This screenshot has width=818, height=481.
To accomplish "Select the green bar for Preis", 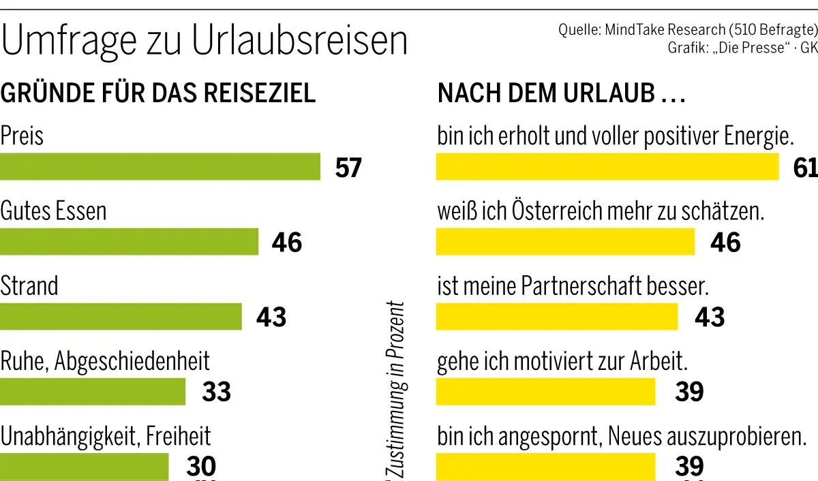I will [x=160, y=167].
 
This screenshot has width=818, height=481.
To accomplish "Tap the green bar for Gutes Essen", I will [x=129, y=242].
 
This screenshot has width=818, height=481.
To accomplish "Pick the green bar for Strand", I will [x=121, y=317].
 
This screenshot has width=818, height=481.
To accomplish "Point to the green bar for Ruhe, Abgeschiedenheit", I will [x=93, y=392].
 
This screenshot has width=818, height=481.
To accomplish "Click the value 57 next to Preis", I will [x=348, y=168].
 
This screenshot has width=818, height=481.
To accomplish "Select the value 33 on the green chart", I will [x=217, y=392].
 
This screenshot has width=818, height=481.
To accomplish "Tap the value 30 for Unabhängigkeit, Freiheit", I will [x=201, y=466].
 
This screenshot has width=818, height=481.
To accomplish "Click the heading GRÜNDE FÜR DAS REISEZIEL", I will [x=158, y=93].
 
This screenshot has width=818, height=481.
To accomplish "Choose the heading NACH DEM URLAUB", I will [x=561, y=94].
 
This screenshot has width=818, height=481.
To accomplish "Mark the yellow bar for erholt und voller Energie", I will [x=607, y=167].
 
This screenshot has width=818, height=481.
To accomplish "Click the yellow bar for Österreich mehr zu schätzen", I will [x=565, y=242].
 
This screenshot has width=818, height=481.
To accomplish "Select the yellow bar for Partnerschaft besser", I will [x=557, y=317].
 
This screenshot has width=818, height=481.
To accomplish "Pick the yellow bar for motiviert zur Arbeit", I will [x=545, y=392].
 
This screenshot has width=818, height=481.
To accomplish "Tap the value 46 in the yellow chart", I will [x=725, y=243].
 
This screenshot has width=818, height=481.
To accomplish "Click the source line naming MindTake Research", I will [x=687, y=31].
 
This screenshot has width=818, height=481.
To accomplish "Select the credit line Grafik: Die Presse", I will [x=742, y=49].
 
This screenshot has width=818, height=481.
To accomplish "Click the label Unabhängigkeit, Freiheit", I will [x=106, y=435].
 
